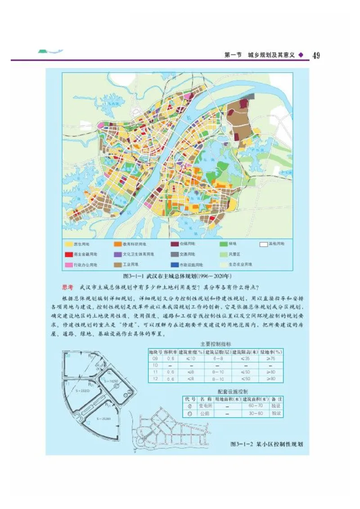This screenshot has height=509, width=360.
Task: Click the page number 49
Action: pyautogui.click(x=316, y=55)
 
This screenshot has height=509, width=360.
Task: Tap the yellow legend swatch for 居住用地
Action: pyautogui.click(x=68, y=244)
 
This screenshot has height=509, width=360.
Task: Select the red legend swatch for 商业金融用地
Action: pyautogui.click(x=68, y=254)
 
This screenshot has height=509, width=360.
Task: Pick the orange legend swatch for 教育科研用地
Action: pyautogui.click(x=118, y=244)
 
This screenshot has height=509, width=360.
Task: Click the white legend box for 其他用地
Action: pyautogui.click(x=264, y=244)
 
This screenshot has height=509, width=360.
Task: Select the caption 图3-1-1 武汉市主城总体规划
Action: pyautogui.click(x=177, y=275)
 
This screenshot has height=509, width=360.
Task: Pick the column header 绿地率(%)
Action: pyautogui.click(x=271, y=352)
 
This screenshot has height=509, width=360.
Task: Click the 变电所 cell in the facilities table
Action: pyautogui.click(x=206, y=406)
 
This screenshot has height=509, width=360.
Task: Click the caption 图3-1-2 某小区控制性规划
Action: pyautogui.click(x=266, y=444)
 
